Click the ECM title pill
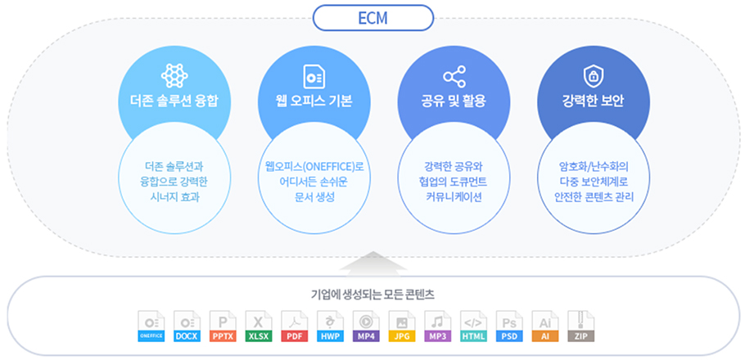coord(372,18)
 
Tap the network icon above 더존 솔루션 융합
coord(174,76)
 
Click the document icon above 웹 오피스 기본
coord(314,76)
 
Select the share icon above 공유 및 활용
coord(454,76)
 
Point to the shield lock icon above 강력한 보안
coord(593,76)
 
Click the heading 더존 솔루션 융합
coord(174,101)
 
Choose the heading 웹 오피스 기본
coord(314,101)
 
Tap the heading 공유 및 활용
coord(454,101)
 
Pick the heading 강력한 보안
coord(593,101)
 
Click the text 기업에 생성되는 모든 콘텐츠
coord(372,295)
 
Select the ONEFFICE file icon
coord(151,326)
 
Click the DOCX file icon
coord(187,326)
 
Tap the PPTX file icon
coord(223,326)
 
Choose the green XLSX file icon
coord(259,326)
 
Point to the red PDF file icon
coord(295,326)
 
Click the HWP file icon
coord(330,326)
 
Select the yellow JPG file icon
coord(402,326)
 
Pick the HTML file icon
coord(474,326)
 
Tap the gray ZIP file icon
coord(581,326)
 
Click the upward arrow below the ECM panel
coord(373,263)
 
